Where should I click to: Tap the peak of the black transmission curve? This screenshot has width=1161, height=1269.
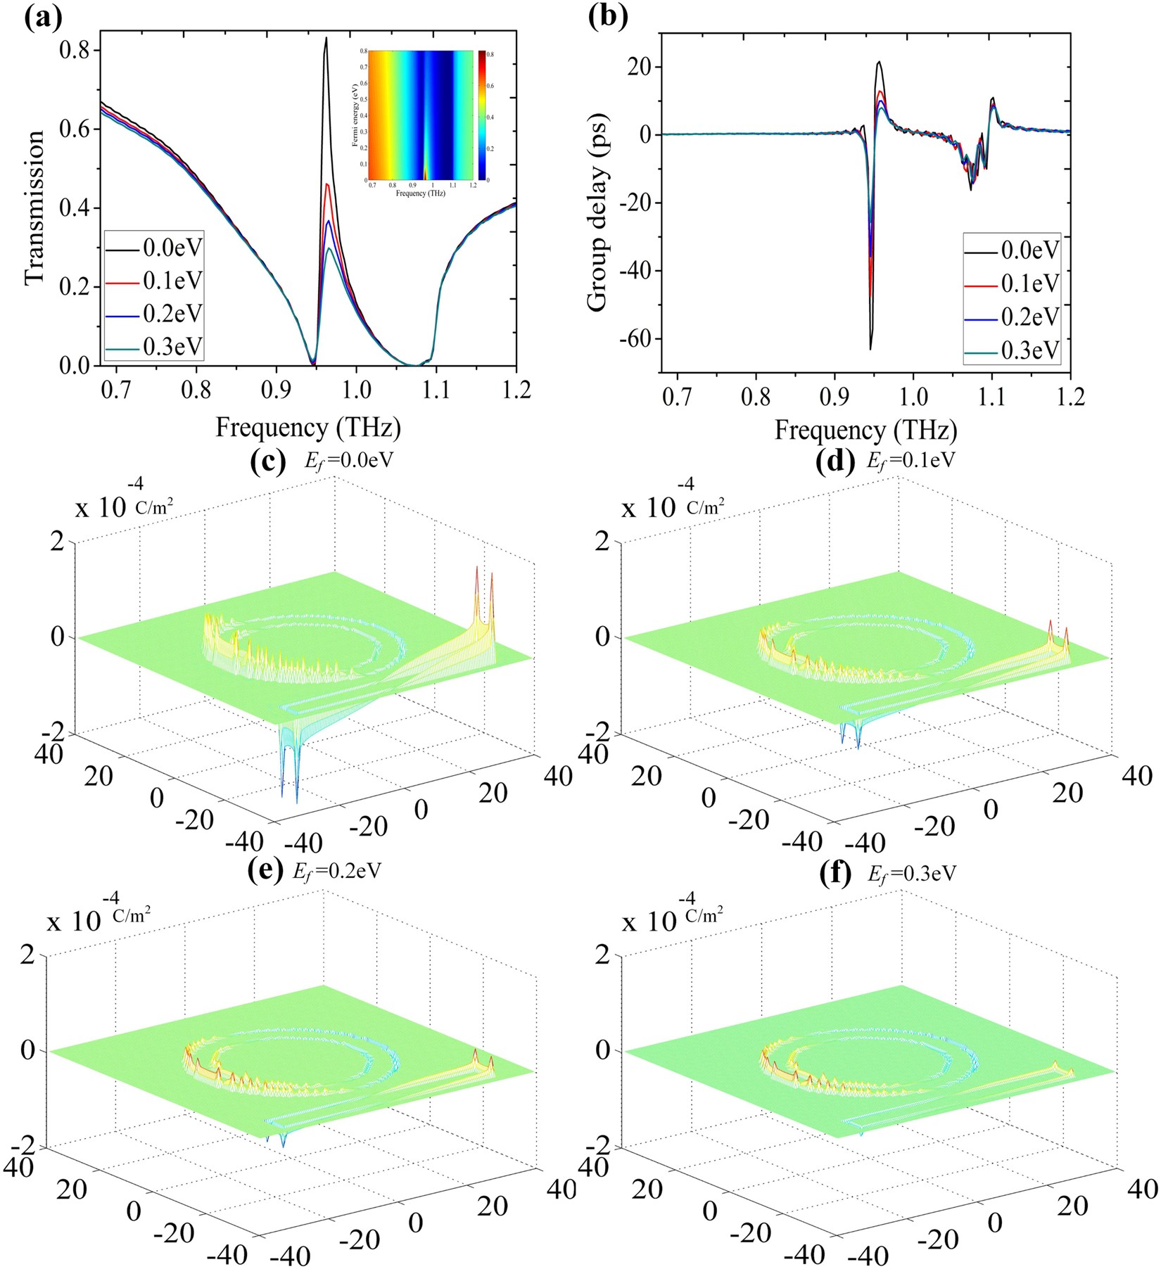[x=326, y=39]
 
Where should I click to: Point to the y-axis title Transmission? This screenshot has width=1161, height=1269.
[x=33, y=207]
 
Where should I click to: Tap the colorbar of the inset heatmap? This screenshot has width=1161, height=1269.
[x=481, y=115]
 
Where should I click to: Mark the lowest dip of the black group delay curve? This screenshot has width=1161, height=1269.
[x=870, y=348]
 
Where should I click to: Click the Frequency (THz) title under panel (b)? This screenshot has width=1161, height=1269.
[x=865, y=430]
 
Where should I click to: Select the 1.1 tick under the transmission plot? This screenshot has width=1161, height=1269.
[x=436, y=390]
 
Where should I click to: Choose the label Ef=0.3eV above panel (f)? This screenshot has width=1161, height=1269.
[x=911, y=874]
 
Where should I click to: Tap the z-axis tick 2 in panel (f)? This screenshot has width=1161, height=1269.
[x=602, y=955]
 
